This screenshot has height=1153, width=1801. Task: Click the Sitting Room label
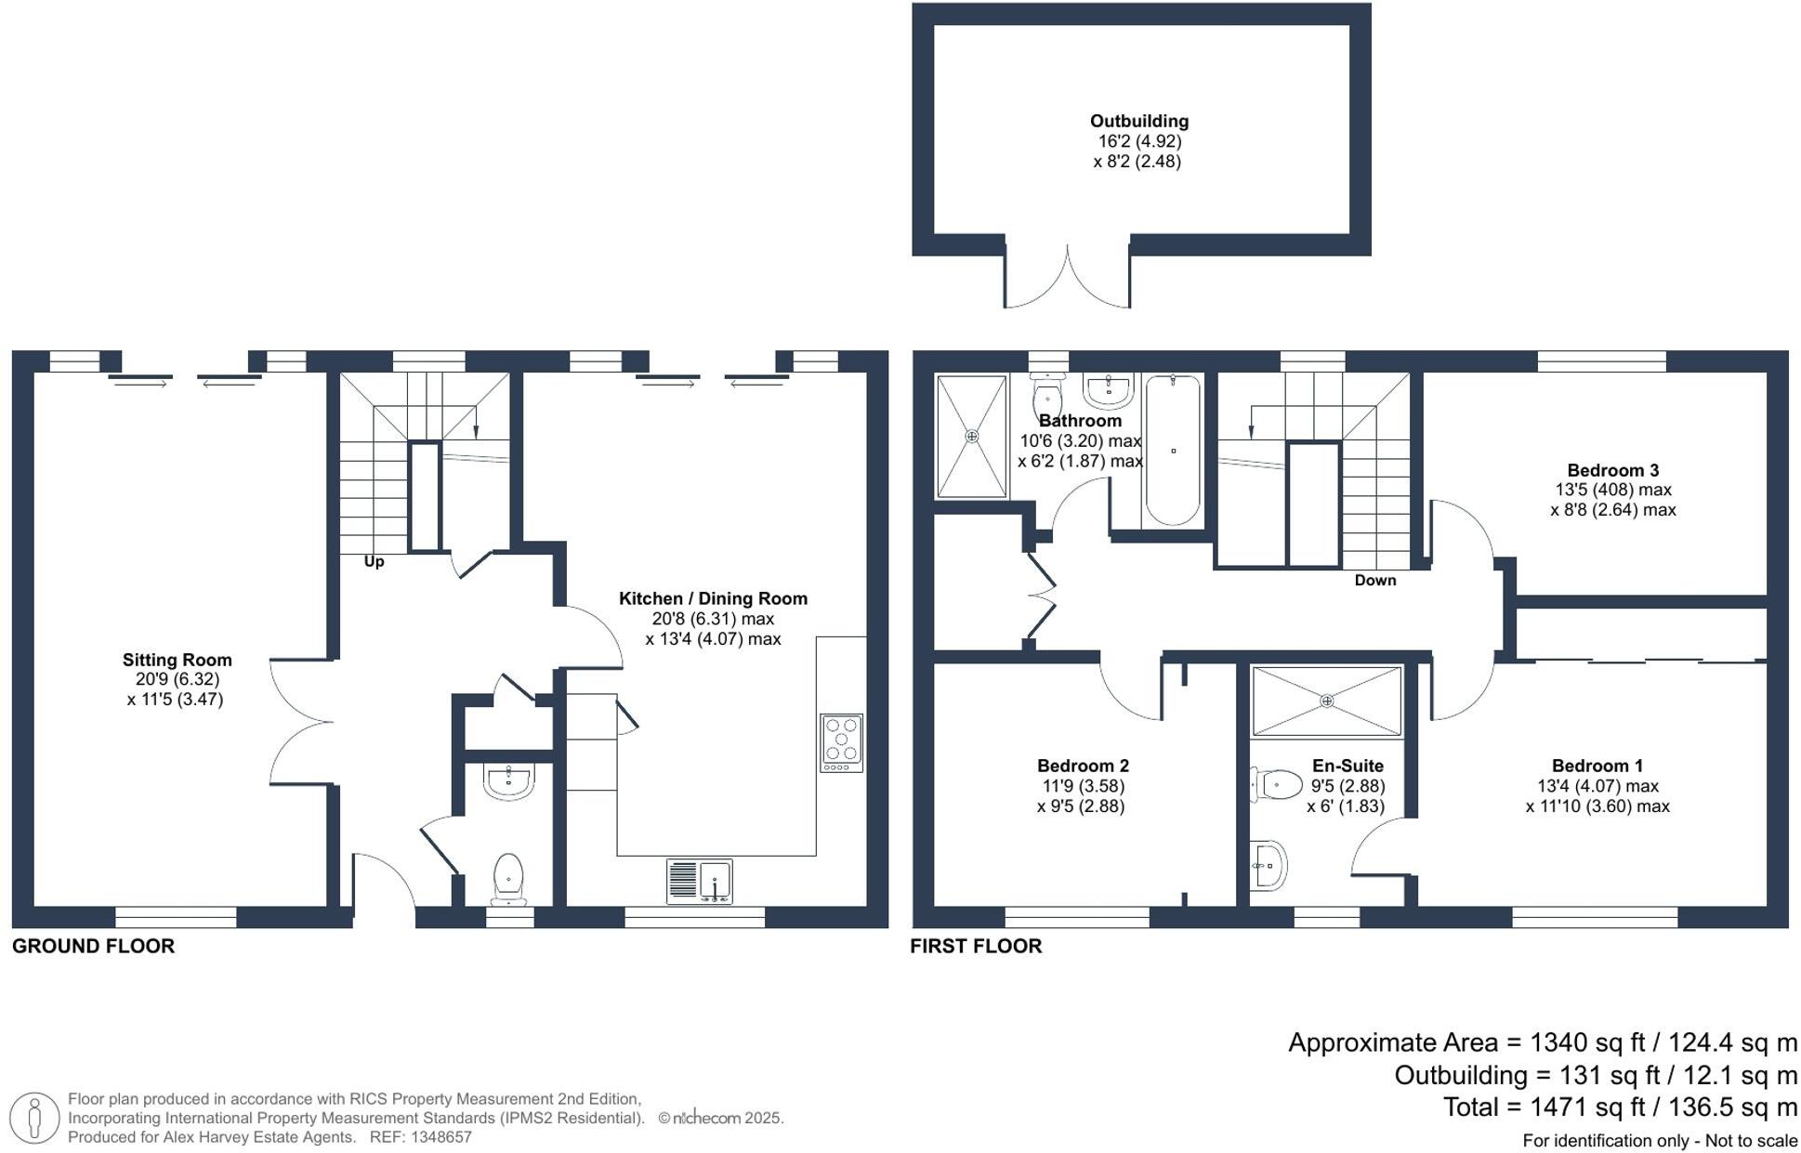click(x=177, y=660)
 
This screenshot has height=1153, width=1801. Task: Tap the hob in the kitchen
click(x=841, y=742)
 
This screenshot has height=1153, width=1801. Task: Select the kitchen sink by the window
click(x=699, y=881)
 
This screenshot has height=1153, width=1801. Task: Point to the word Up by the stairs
click(x=374, y=561)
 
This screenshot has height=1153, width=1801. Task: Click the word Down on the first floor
click(x=1374, y=580)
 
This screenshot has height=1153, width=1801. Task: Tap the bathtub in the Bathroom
click(x=1173, y=450)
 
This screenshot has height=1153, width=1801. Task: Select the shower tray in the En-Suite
click(x=1326, y=701)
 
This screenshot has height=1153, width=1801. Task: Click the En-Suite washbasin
click(x=1268, y=865)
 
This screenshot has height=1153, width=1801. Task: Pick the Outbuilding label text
click(x=1138, y=121)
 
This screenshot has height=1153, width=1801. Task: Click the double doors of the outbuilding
click(x=1067, y=279)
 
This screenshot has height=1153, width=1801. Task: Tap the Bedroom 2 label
click(x=1083, y=766)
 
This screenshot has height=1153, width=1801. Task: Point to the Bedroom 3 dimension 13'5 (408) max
click(x=1613, y=490)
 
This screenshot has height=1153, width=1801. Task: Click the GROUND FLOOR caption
click(x=93, y=946)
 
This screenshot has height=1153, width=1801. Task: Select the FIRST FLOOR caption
click(x=976, y=946)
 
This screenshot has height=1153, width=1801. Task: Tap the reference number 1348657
click(x=435, y=1137)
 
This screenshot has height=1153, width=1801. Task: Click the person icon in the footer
click(x=35, y=1118)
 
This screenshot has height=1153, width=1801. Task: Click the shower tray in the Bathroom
click(x=971, y=436)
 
